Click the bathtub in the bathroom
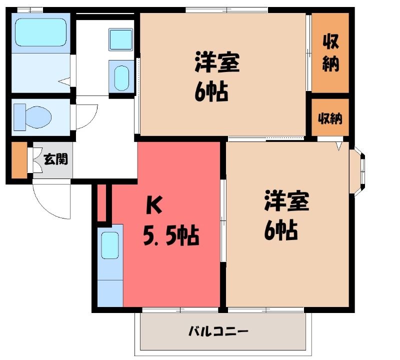click(41, 32)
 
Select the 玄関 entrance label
click(56, 159)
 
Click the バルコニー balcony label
click(218, 331)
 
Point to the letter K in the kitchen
click(154, 206)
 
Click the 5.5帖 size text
click(171, 235)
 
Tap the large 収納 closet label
click(330, 53)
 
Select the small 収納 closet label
click(330, 118)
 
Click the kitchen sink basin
click(110, 245)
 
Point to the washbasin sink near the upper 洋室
click(121, 78)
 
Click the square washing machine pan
click(121, 39)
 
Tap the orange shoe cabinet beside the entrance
click(19, 159)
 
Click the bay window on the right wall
click(357, 171)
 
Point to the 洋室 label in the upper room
click(217, 62)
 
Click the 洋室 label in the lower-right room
click(286, 200)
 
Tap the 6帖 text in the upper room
click(211, 91)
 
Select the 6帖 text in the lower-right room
click(281, 230)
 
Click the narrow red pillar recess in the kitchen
click(101, 202)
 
